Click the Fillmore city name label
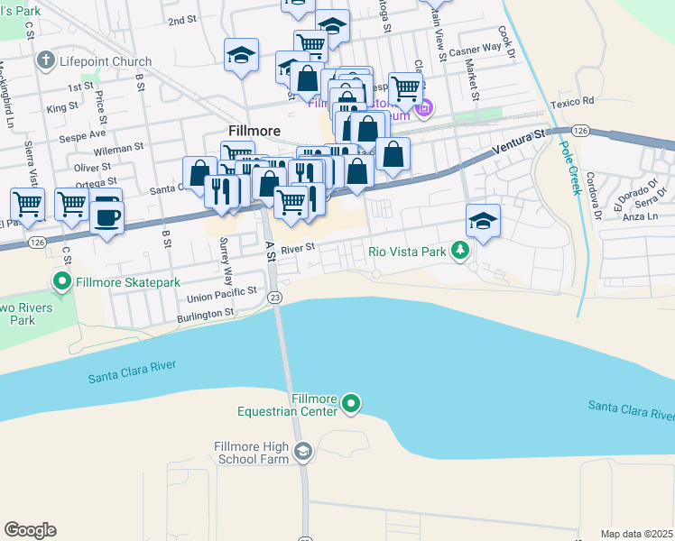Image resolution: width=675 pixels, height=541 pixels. [x=254, y=130]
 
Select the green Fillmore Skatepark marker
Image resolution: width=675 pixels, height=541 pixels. [x=62, y=282]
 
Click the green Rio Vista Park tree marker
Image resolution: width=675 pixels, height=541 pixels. [x=460, y=252]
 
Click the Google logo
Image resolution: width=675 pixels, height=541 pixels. [x=30, y=530]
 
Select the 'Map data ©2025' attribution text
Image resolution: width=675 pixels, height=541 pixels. [x=636, y=534]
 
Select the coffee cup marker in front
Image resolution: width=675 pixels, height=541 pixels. [x=107, y=216]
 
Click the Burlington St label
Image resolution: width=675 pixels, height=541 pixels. [x=205, y=313]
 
